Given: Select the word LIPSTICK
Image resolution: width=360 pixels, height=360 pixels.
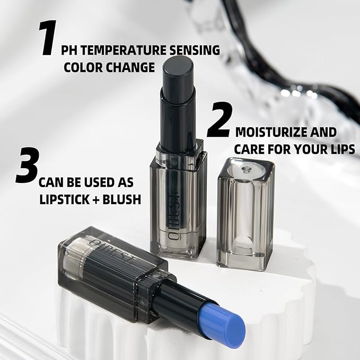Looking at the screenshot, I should click(x=63, y=200).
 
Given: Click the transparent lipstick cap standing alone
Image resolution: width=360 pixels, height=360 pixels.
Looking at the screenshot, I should click(x=245, y=212).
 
